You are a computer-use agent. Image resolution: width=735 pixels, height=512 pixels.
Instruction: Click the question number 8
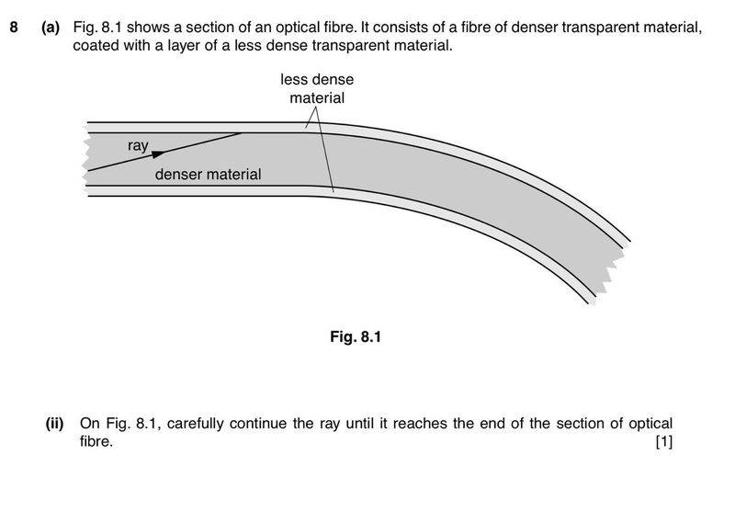pyautogui.click(x=14, y=28)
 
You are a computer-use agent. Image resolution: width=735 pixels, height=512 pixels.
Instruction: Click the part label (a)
pyautogui.click(x=51, y=28)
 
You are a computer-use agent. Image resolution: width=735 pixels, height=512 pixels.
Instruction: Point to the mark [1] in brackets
pyautogui.click(x=664, y=442)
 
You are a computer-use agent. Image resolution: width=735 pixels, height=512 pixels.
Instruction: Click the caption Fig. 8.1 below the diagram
pyautogui.click(x=355, y=337)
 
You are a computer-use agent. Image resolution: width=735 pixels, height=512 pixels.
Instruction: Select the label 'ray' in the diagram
pyautogui.click(x=138, y=145)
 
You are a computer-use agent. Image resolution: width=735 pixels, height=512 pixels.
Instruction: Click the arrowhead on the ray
pyautogui.click(x=158, y=154)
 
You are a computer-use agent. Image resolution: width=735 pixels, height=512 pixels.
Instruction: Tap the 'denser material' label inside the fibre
pyautogui.click(x=208, y=174)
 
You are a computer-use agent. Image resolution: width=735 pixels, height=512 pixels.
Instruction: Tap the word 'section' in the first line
pyautogui.click(x=220, y=28)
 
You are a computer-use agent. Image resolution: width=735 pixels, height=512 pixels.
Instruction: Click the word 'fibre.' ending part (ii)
pyautogui.click(x=96, y=442)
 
